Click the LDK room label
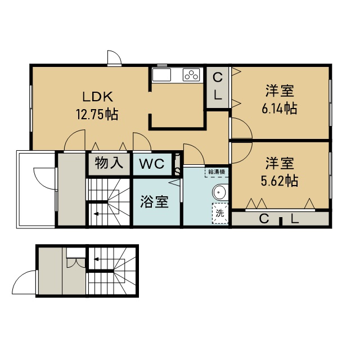[98, 97]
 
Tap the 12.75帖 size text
[97, 114]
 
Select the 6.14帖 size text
[280, 109]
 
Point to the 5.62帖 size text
[280, 181]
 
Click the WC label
[152, 164]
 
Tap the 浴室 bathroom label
[154, 201]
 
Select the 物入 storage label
[109, 163]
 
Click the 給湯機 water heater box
[217, 172]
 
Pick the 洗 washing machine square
[220, 214]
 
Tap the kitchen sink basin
[162, 75]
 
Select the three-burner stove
[191, 75]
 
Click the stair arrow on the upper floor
[96, 214]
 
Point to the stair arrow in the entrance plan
[97, 259]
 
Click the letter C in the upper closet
[218, 78]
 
